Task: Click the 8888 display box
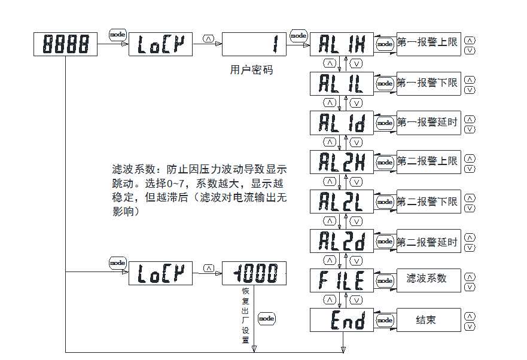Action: [66, 44]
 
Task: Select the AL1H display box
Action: [342, 44]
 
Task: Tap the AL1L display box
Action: [342, 83]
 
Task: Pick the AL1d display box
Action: [342, 123]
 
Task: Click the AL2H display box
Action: [342, 162]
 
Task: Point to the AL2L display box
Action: [342, 202]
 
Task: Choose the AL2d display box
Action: [342, 241]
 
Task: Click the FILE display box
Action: [342, 280]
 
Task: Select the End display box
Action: [342, 320]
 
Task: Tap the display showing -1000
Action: [254, 273]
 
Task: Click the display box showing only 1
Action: [254, 44]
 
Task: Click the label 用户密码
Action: [251, 70]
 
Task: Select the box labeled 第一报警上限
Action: [428, 43]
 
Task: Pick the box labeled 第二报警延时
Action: [428, 242]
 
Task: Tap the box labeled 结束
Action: [428, 320]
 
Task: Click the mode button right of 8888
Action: [117, 35]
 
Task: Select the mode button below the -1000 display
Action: [266, 318]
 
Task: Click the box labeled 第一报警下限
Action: [428, 83]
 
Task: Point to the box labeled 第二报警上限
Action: [428, 161]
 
